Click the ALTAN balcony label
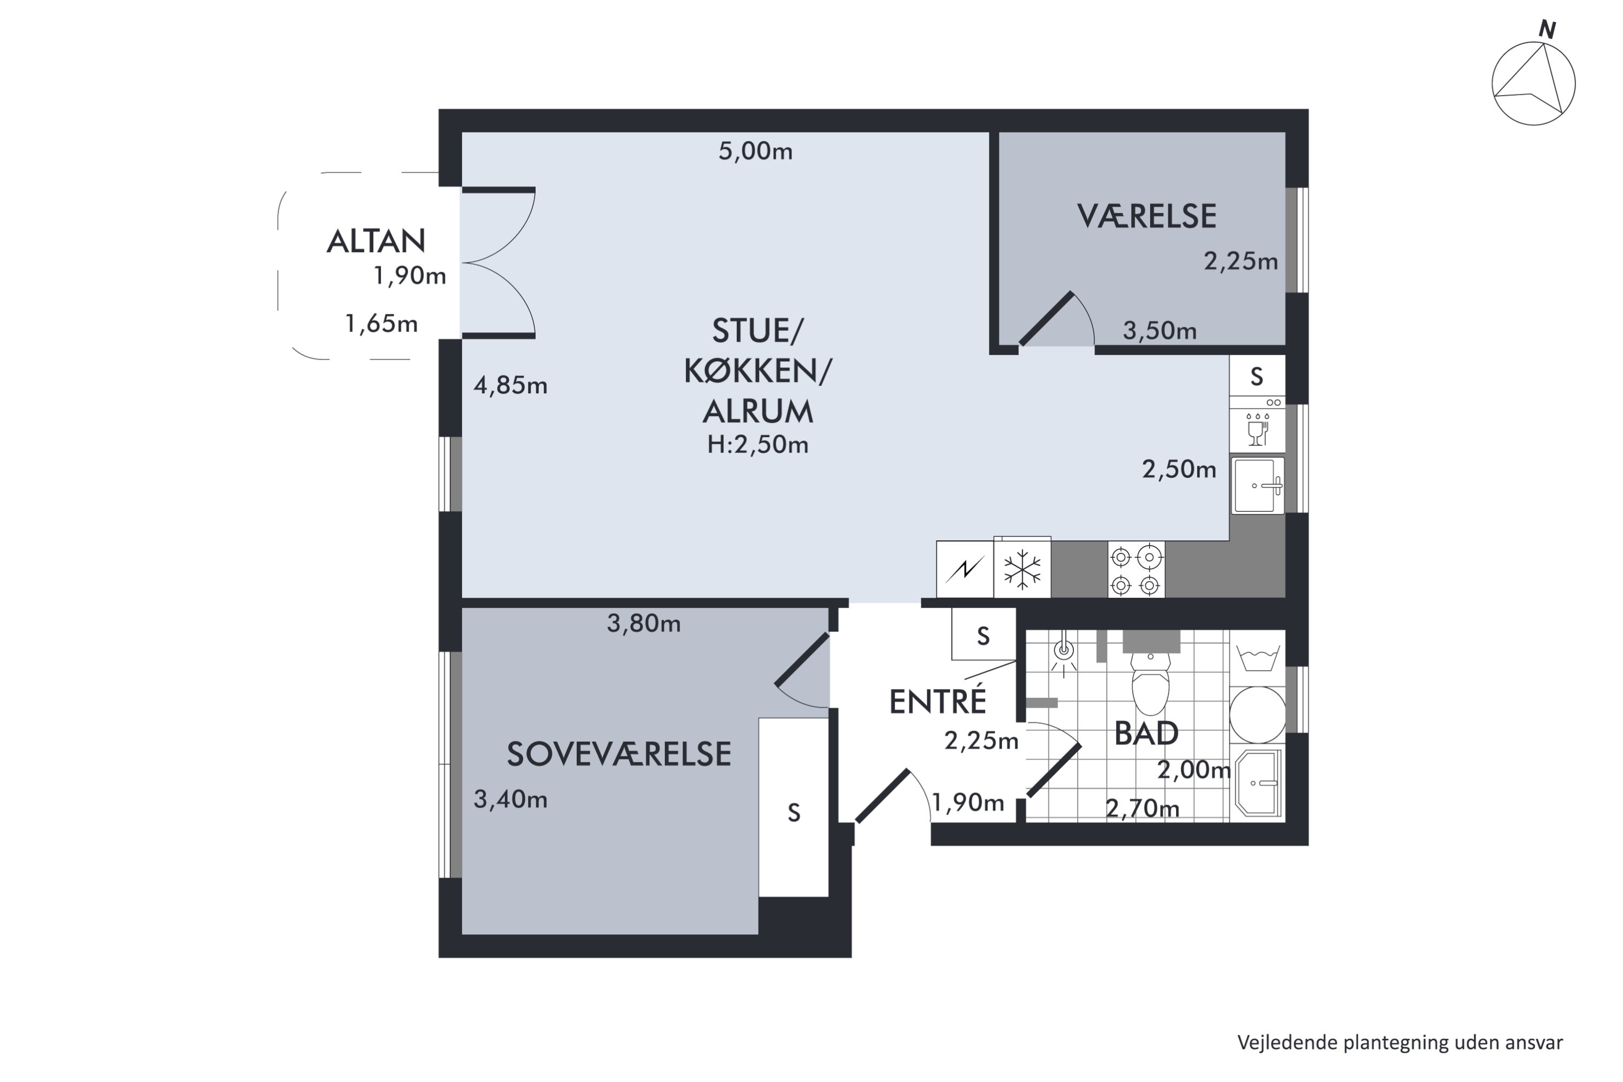[x=375, y=241]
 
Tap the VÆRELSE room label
[x=1146, y=216]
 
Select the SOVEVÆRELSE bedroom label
[x=619, y=754]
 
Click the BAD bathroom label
[x=1146, y=733]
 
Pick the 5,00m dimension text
[x=756, y=151]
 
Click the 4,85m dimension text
[x=511, y=385]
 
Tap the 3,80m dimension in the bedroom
[x=644, y=624]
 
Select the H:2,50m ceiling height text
[x=758, y=444]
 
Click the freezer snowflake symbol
[x=1022, y=569]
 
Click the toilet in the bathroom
[x=1150, y=684]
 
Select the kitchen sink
[x=1257, y=485]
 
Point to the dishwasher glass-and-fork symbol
[x=1257, y=428]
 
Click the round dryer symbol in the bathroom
[x=1257, y=715]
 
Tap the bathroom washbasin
[x=1258, y=784]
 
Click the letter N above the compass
[x=1547, y=30]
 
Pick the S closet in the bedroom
[x=794, y=807]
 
